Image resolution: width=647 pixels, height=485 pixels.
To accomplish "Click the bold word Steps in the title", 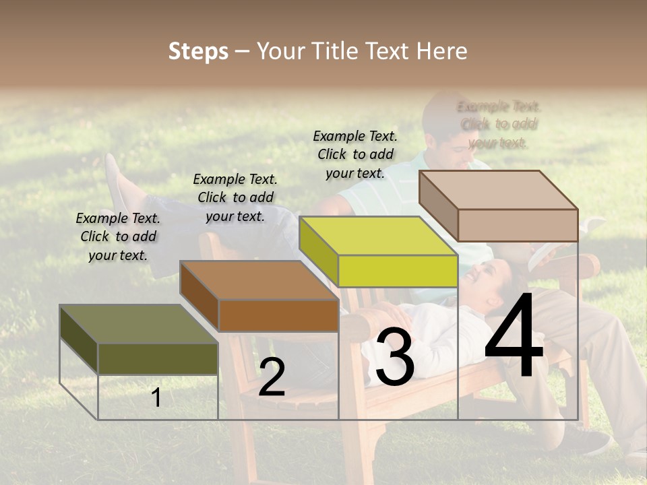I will coord(198,51).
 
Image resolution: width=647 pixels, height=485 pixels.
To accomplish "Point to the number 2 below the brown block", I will coord(272,378).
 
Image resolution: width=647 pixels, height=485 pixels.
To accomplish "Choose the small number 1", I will coord(156,397).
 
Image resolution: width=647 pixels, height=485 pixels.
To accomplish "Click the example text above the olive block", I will coord(118,236).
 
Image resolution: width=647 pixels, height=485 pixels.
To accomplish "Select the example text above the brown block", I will coord(235,197).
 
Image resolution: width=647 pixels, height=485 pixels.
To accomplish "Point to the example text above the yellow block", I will coord(355,154).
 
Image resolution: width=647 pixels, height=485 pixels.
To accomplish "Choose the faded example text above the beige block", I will coord(499,124).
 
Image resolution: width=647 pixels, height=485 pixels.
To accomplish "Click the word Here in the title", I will coord(441,51).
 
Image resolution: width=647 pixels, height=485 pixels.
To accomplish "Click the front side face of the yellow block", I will coord(398,271).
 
